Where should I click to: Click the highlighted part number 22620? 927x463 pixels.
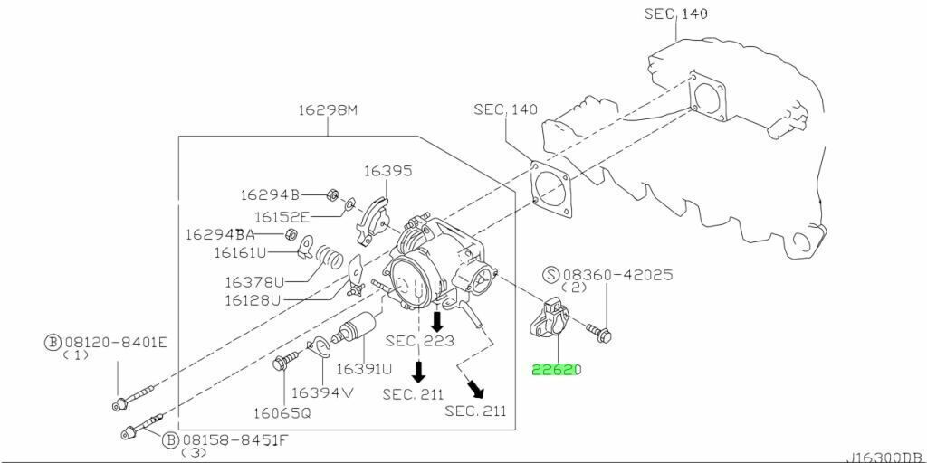coord(557,370)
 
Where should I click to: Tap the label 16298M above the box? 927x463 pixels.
coord(328,109)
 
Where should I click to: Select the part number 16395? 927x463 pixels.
coord(387,171)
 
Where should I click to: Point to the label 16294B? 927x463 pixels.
coord(270,194)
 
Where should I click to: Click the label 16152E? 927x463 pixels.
coord(282,217)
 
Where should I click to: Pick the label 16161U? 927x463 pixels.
coord(240,253)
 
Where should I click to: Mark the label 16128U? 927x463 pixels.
coord(253,300)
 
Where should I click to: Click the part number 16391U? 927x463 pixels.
coord(364,370)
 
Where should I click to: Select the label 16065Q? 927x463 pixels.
coord(282,413)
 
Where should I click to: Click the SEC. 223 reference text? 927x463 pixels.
coord(420,341)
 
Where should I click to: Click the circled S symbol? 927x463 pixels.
coord(551,275)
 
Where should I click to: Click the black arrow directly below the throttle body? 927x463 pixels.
coord(437,321)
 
